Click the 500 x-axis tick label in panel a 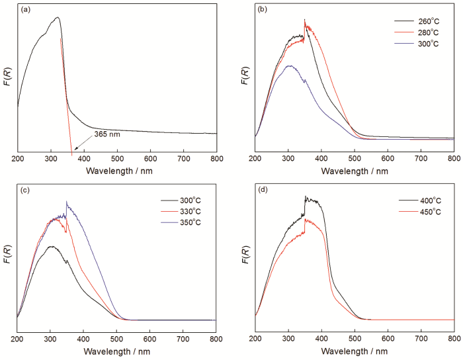coord(117,161)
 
